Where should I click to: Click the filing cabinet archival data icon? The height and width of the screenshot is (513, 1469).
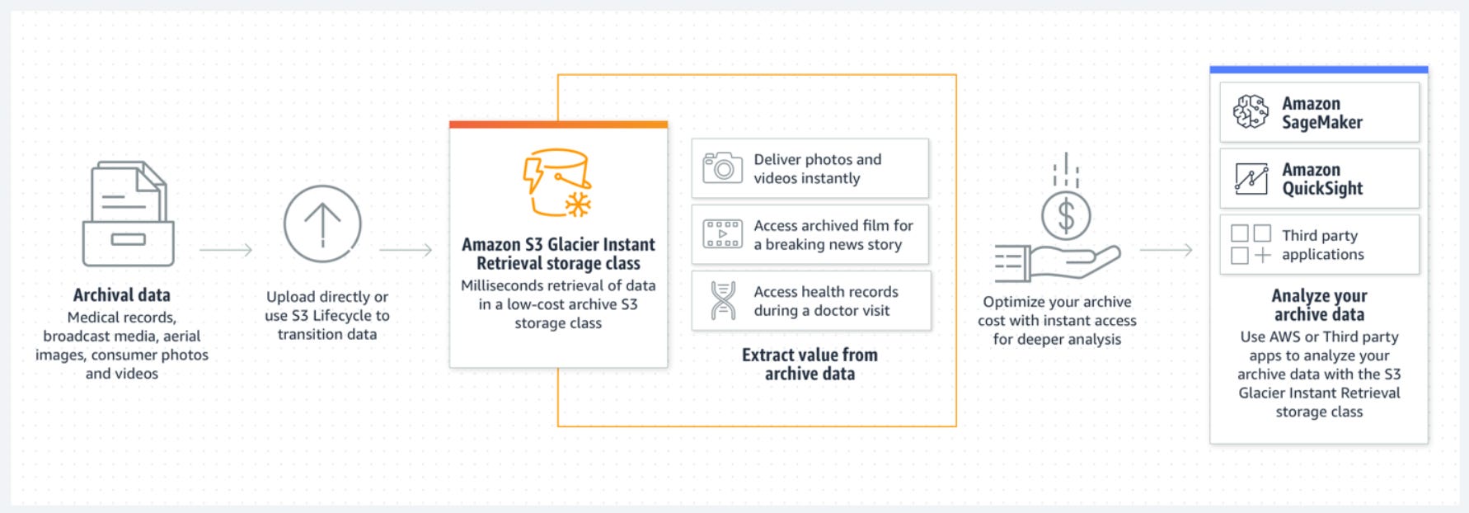coord(129,214)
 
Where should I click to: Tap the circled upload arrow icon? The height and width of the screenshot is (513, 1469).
coord(322,224)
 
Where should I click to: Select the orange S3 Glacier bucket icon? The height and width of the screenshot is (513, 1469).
coord(557,182)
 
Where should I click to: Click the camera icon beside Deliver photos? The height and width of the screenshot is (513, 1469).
coord(722,167)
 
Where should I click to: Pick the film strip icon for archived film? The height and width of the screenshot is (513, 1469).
coord(722,234)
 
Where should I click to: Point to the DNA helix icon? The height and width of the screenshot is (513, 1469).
coord(723,300)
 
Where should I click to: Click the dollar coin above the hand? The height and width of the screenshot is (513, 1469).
coord(1066,216)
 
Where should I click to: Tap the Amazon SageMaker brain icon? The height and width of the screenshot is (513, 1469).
coord(1251,112)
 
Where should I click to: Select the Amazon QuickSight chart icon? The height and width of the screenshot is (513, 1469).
coord(1251,178)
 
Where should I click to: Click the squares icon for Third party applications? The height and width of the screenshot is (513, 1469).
coord(1251,244)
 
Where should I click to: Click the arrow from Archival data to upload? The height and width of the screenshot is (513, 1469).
coord(226,249)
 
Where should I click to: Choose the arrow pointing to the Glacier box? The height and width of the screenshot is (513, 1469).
coord(406,249)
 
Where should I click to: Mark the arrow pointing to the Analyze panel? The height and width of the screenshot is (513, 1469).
coord(1166,249)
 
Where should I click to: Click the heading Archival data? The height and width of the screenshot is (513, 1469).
coord(122,295)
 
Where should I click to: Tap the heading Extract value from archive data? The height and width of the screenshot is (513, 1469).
coord(810,364)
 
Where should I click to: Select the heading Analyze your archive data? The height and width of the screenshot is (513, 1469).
coord(1319,304)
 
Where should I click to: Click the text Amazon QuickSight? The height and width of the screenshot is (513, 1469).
coord(1321,179)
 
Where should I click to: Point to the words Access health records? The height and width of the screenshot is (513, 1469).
coord(826,292)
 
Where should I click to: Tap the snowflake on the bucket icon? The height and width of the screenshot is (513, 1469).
coord(578,204)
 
